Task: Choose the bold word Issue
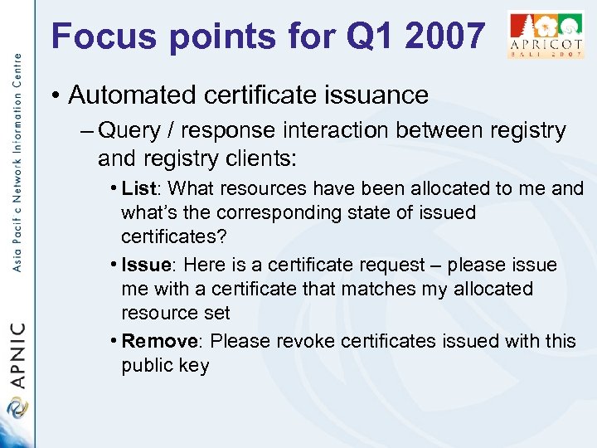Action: coord(148,265)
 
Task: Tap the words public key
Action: coord(165,365)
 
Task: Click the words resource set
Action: coord(175,313)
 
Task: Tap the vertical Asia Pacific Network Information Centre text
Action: coord(17,166)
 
